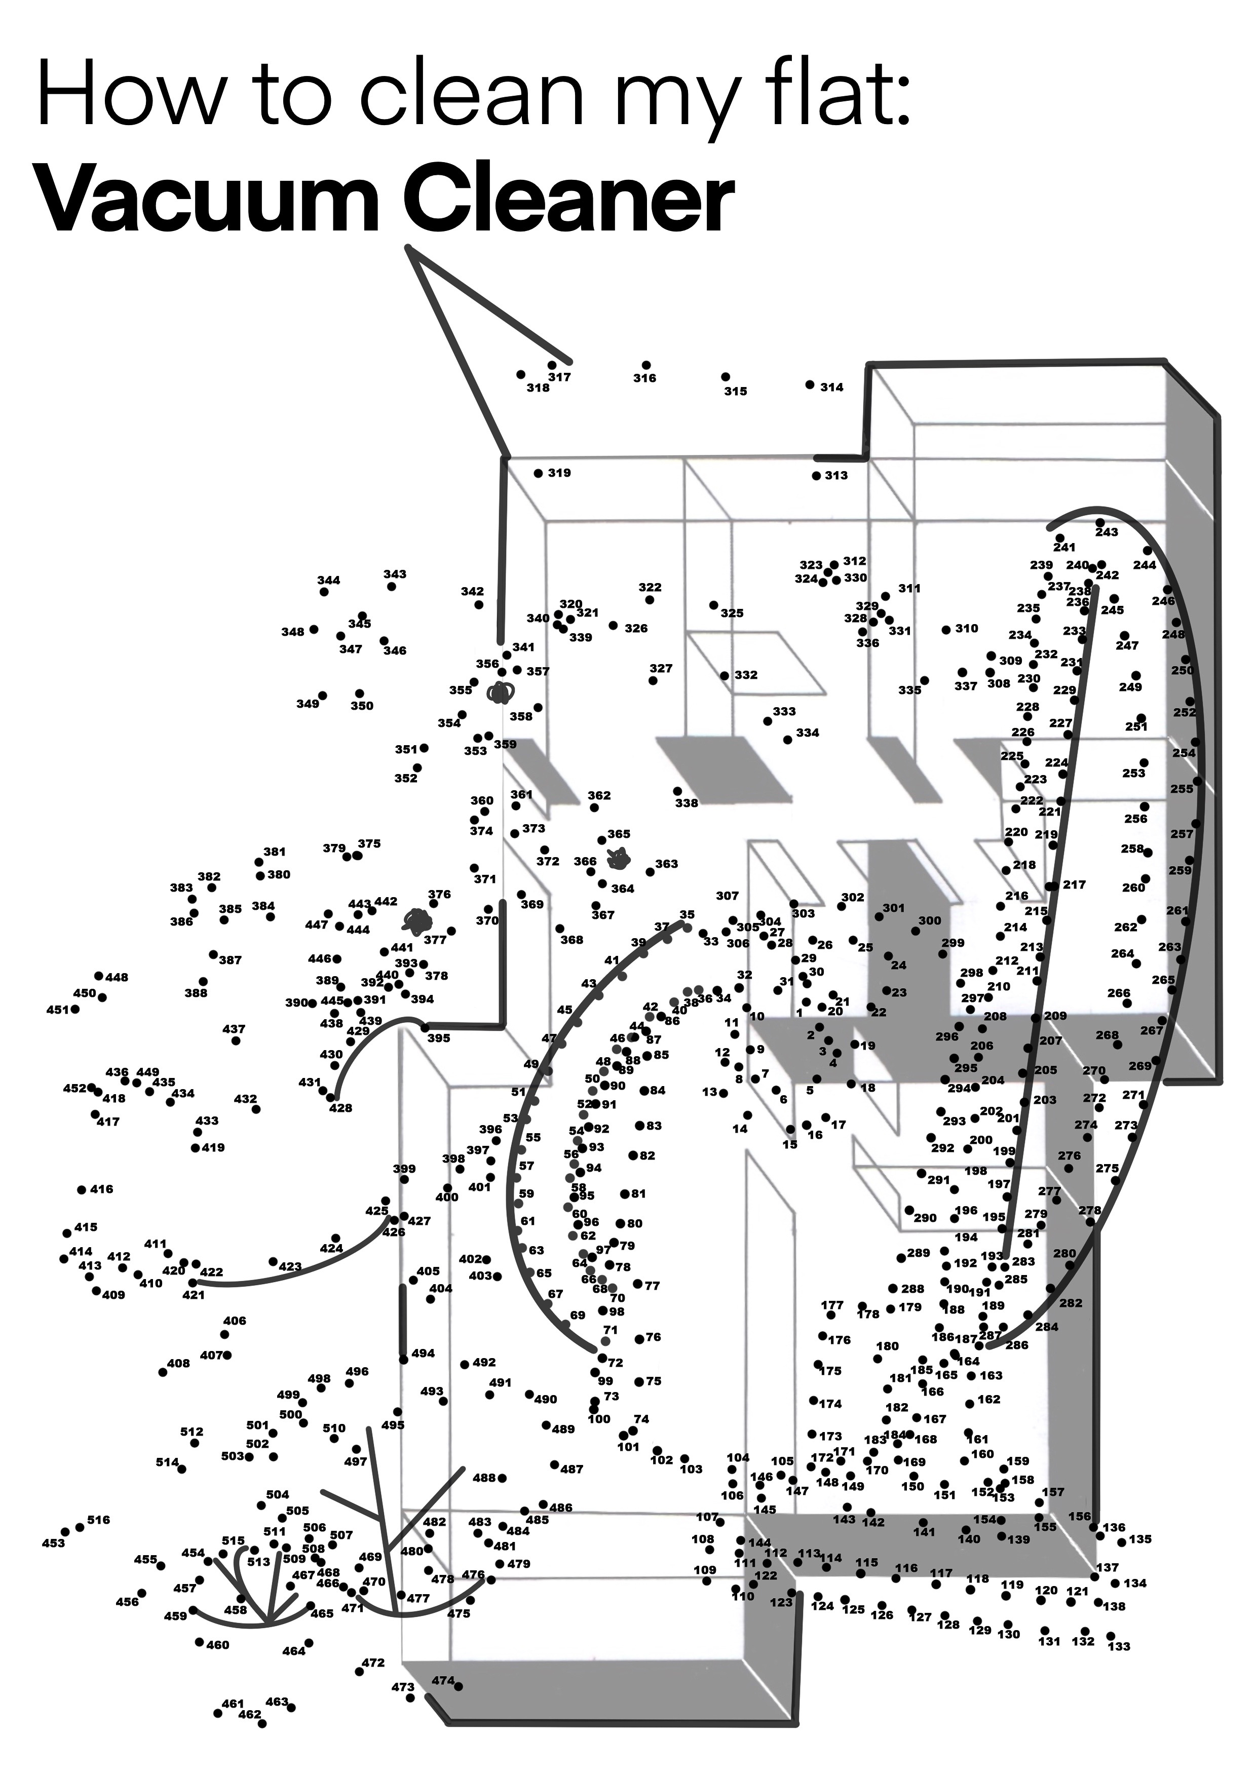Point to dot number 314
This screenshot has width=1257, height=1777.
coord(810,384)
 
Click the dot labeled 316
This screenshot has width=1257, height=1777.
coord(646,365)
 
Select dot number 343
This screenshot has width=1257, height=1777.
coord(392,587)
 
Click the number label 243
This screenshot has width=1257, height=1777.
coord(1107,532)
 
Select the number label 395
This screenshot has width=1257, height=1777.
coord(439,1038)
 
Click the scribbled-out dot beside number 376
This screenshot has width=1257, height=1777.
coord(418,920)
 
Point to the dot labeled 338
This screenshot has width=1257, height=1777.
coord(677,791)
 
